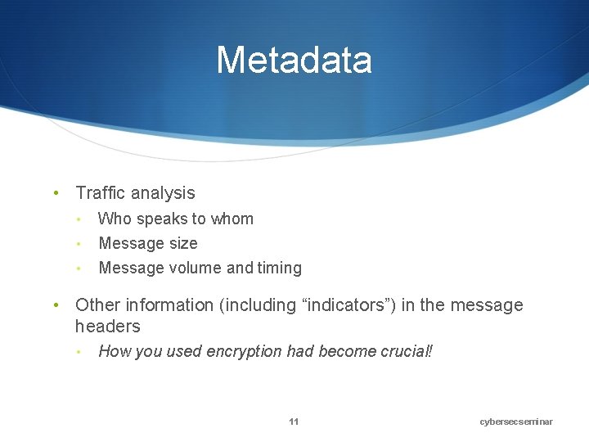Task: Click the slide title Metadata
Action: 294,60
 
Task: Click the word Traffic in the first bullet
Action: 100,193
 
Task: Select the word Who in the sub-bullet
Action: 115,219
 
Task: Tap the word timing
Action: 280,268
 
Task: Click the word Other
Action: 97,305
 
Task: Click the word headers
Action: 107,327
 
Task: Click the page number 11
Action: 294,422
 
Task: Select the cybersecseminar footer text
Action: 516,422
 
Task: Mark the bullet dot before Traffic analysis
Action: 55,194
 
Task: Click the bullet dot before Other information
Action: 55,306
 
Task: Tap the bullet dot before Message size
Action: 78,244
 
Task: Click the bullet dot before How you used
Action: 78,353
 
